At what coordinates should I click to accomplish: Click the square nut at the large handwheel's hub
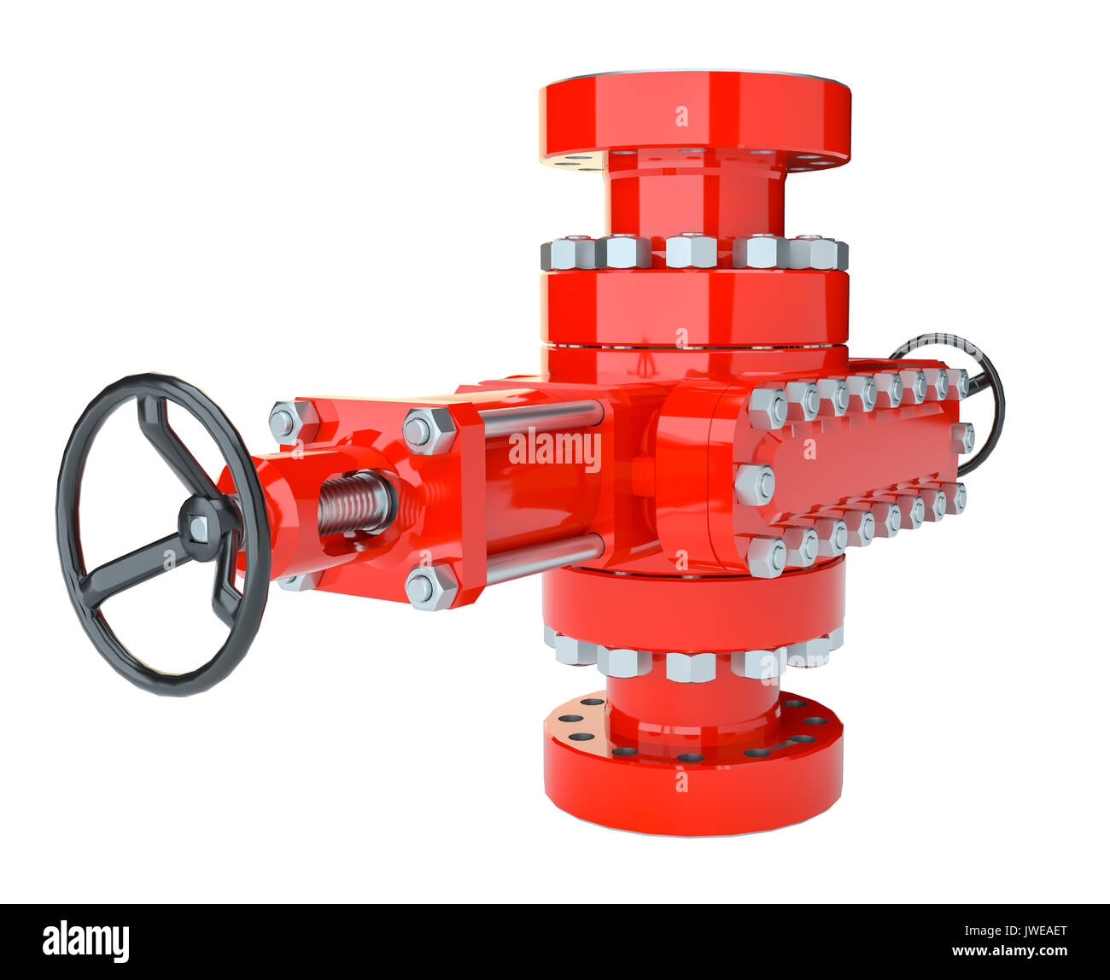199,528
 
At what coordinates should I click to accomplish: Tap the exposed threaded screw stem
354,503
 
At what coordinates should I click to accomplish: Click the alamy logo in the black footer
85,942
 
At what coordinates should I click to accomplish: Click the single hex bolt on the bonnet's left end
754,484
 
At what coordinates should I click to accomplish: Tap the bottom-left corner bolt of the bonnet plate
766,556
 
